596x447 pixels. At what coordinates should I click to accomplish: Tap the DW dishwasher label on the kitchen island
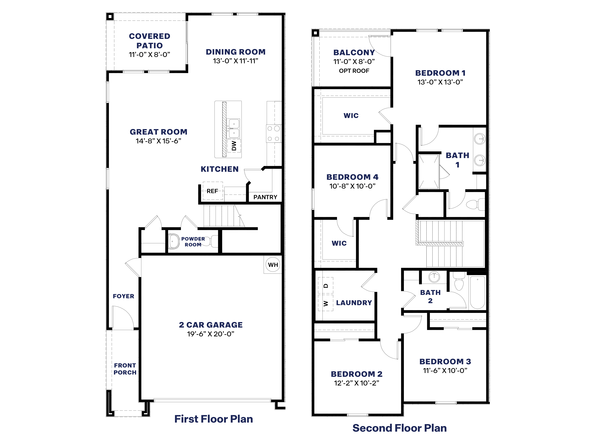pyautogui.click(x=234, y=146)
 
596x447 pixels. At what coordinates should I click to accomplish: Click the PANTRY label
pyautogui.click(x=265, y=197)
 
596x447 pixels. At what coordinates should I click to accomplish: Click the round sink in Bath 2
pyautogui.click(x=434, y=277)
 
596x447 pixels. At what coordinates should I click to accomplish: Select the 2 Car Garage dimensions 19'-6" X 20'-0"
pyautogui.click(x=211, y=334)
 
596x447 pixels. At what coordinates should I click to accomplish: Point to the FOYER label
pyautogui.click(x=123, y=296)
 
